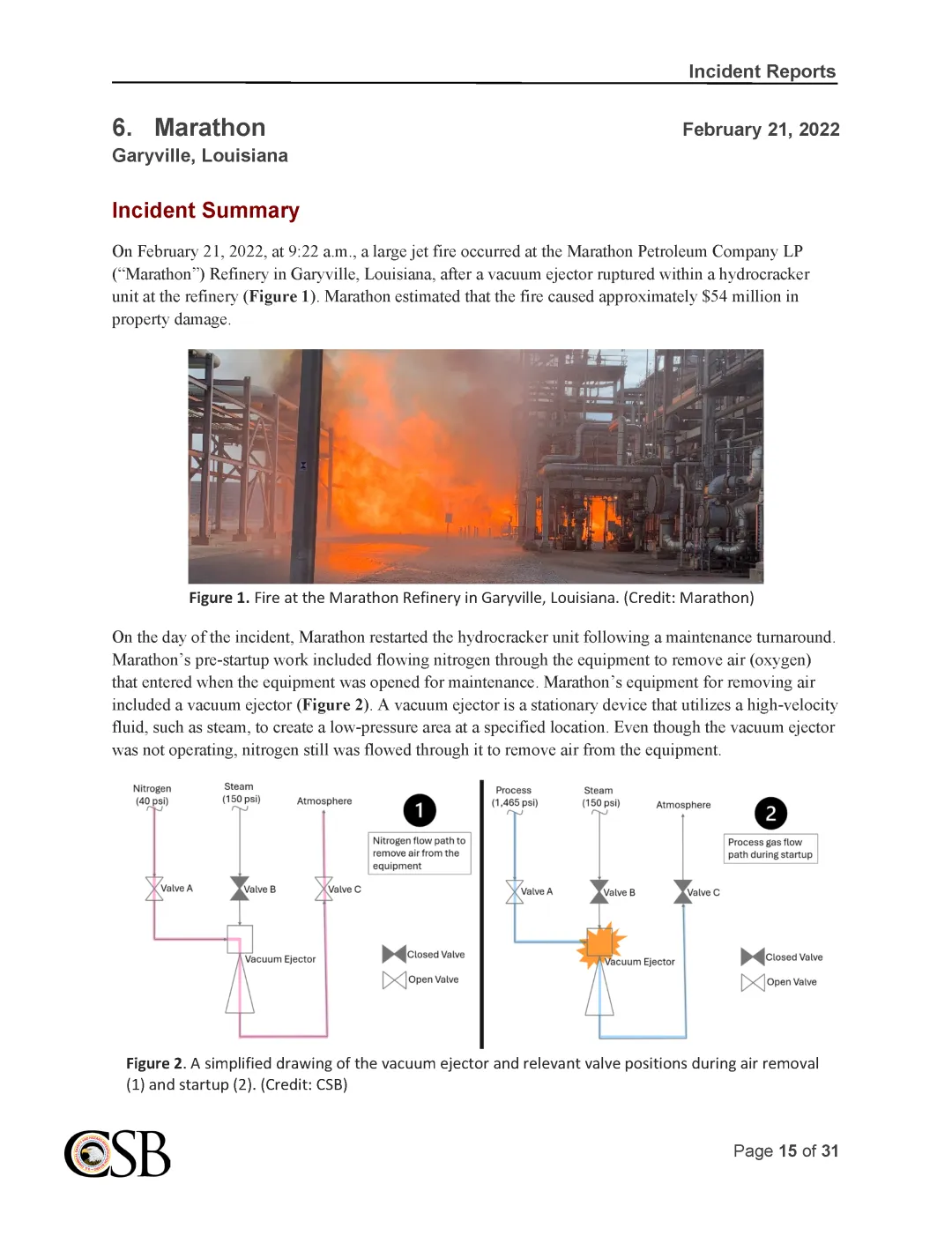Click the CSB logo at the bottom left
tap(117, 1154)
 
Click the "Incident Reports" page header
tap(762, 71)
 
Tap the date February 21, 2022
tap(761, 130)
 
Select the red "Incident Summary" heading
tap(205, 211)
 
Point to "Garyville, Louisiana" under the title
tap(200, 156)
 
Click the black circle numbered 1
tap(420, 810)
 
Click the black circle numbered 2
tap(770, 813)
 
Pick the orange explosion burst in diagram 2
tap(601, 943)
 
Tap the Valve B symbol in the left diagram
tap(240, 889)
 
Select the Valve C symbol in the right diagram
tap(683, 892)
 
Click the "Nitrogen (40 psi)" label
tap(152, 794)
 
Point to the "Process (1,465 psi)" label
tap(514, 796)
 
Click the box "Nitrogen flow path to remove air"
tap(419, 853)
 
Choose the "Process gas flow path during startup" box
tap(770, 848)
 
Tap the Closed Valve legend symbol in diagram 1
tap(394, 954)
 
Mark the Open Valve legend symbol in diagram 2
tap(753, 982)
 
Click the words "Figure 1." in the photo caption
tap(219, 598)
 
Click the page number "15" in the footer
tap(787, 1150)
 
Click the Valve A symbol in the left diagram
tap(154, 889)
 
